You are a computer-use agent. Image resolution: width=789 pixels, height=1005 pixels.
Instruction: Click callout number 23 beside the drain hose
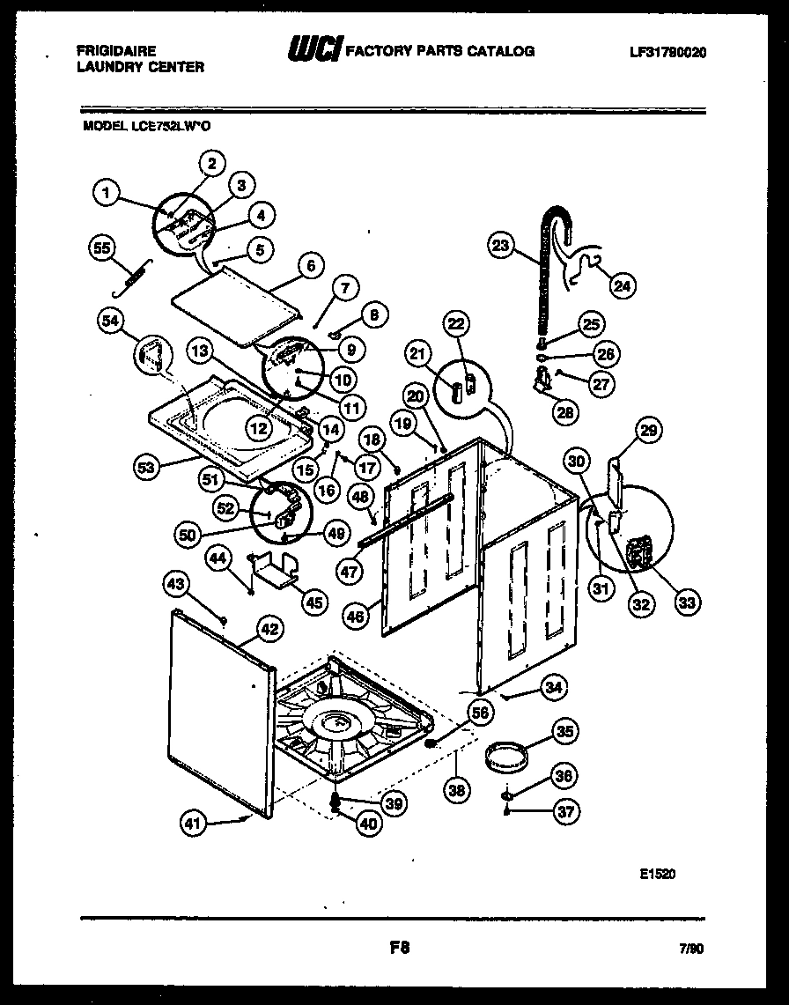pos(501,248)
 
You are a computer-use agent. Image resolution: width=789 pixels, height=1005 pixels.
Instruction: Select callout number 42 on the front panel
pos(269,629)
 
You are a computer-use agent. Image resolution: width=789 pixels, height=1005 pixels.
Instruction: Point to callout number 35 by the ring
pos(564,730)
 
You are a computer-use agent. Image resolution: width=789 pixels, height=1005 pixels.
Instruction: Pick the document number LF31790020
pos(668,52)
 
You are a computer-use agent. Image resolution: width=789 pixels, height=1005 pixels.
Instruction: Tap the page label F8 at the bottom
pos(399,948)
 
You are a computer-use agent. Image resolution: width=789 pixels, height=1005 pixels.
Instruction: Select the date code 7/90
pos(693,949)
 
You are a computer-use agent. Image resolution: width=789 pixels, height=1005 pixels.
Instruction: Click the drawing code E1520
pos(658,875)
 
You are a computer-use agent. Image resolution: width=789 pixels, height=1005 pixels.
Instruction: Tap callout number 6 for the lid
pos(310,263)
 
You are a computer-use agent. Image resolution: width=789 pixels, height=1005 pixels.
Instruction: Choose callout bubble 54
pos(111,322)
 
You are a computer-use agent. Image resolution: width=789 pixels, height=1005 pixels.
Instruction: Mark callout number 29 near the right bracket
pos(648,431)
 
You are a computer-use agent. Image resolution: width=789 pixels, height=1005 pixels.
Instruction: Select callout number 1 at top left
pos(107,191)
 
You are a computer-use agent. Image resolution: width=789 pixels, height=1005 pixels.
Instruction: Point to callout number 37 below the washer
pos(564,811)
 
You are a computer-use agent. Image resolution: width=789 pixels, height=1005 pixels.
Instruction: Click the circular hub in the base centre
pos(335,723)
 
